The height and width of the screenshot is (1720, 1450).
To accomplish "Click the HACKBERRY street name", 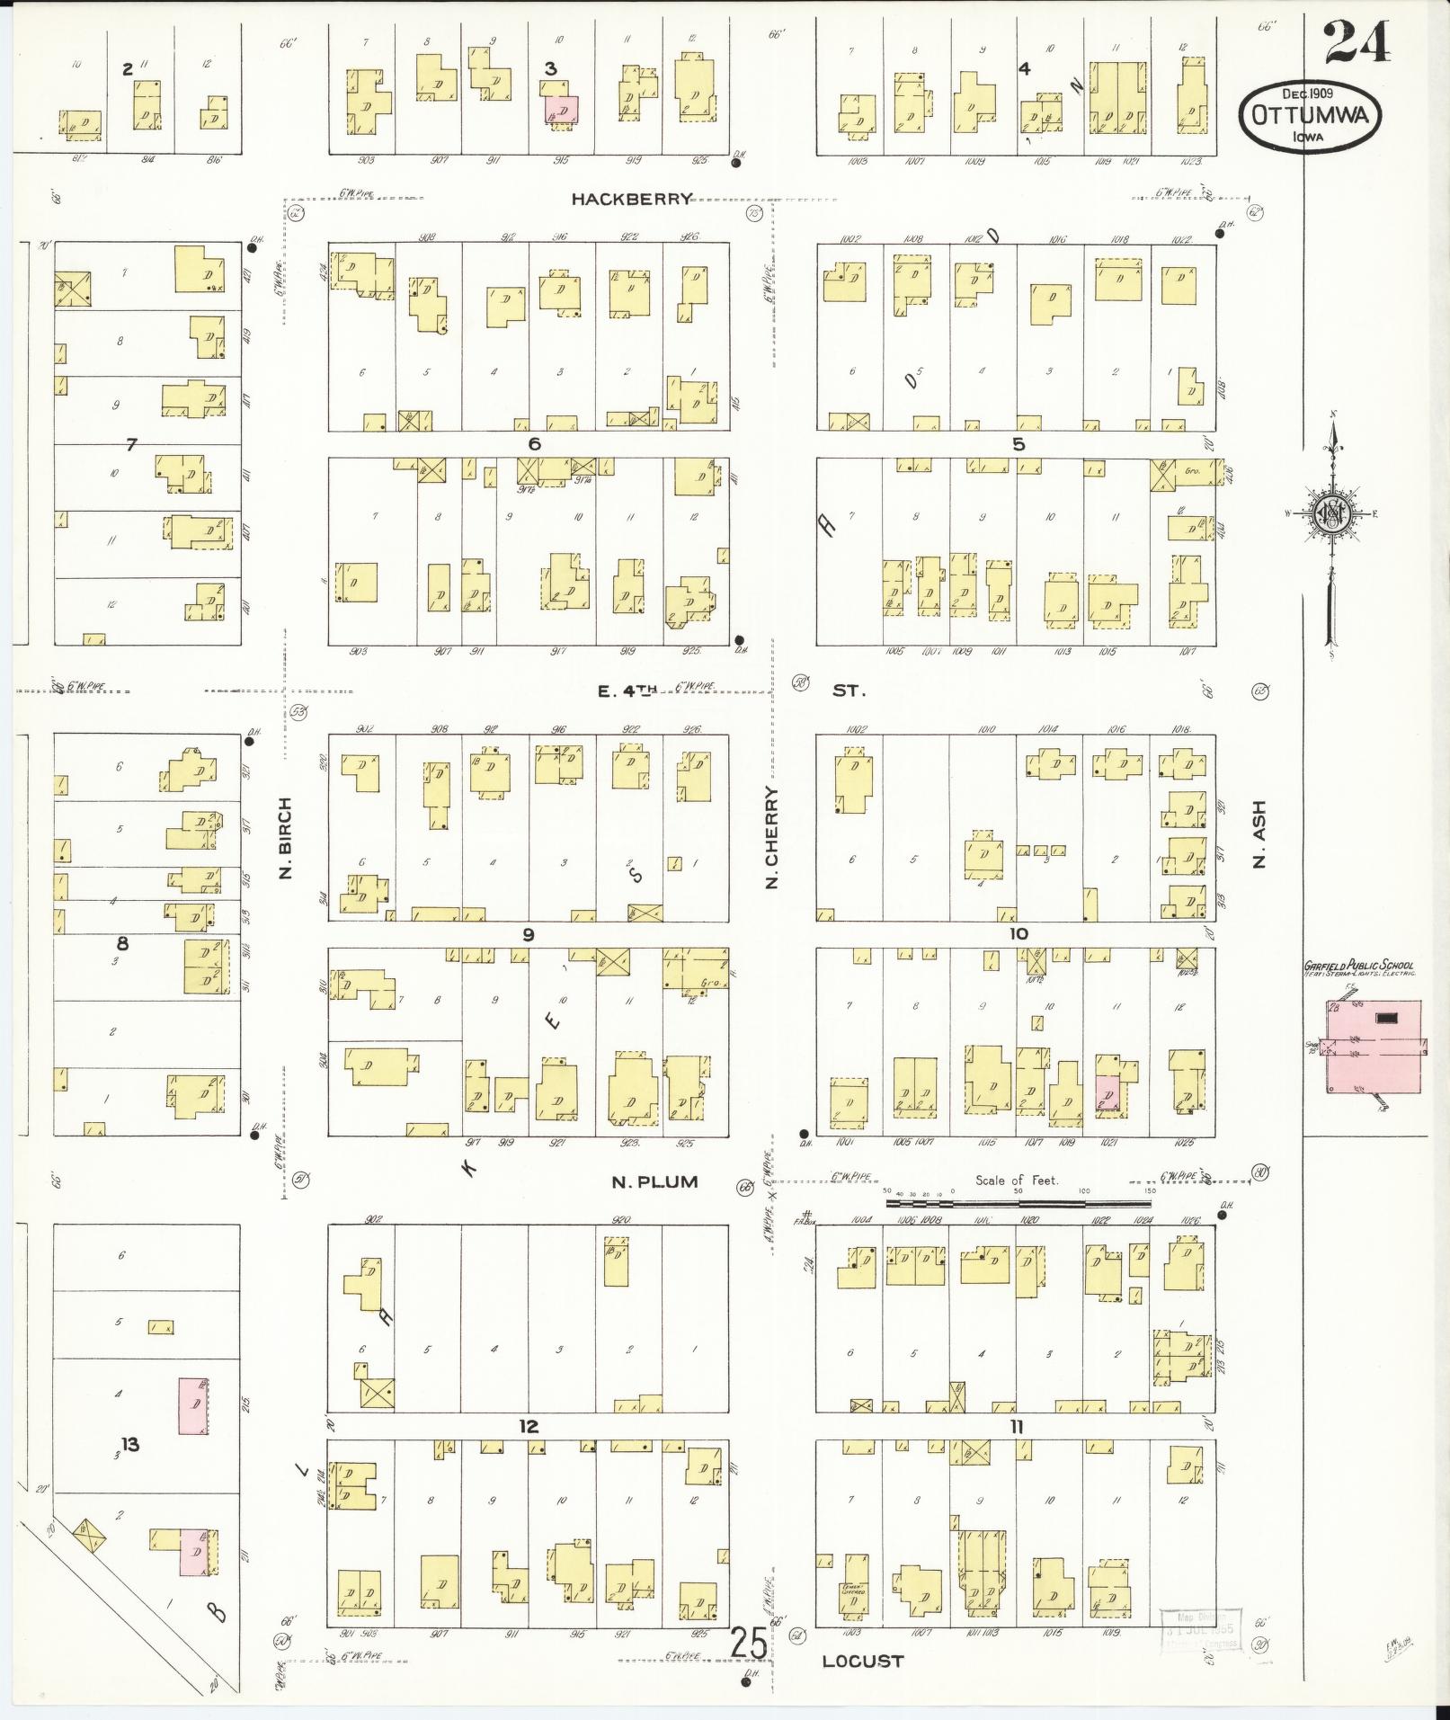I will point(632,200).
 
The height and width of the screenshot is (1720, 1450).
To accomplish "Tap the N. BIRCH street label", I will point(287,838).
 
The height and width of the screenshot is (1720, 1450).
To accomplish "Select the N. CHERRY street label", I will point(771,838).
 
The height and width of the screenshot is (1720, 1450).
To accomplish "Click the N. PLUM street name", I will point(654,1182).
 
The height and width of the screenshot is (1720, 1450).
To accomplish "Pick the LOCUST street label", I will point(862,1662).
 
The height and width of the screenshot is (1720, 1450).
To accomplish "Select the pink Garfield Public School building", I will point(1375,1047).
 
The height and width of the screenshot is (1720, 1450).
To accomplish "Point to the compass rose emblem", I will point(1330,513).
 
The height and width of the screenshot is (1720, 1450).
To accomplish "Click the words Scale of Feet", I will point(1018,1181).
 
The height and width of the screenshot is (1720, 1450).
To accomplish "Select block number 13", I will point(131,1445).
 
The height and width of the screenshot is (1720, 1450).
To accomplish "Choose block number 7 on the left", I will point(131,444).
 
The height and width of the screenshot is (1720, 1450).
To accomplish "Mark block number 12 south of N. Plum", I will point(528,1427).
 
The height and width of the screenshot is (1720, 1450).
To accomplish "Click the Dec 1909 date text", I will point(1307,93).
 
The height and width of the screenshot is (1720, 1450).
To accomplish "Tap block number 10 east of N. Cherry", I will point(1018,934).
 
